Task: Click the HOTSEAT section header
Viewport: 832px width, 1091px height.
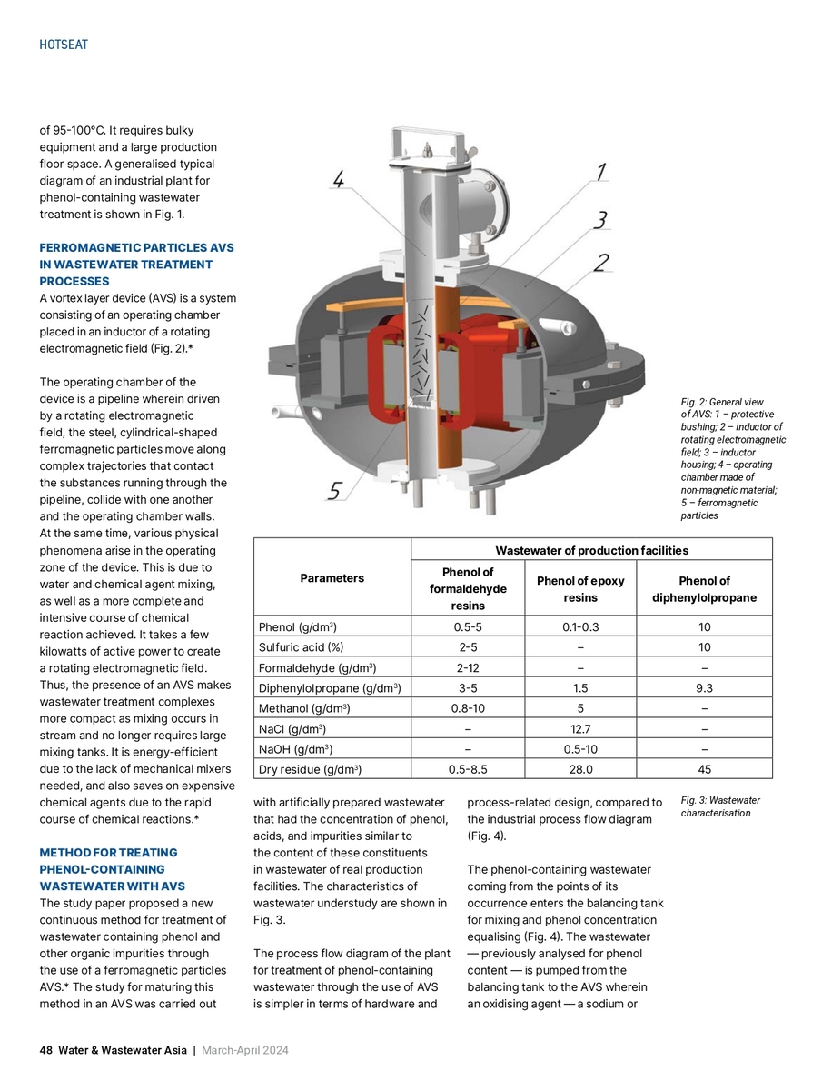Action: (x=64, y=45)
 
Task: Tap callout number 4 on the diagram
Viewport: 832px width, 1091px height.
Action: (x=338, y=182)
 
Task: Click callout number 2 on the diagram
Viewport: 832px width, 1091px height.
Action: (x=600, y=264)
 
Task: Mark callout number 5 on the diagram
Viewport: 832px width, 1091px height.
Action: (x=335, y=491)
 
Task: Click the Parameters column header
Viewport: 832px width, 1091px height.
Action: (x=332, y=578)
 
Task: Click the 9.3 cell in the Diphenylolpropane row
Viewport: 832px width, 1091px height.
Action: (x=704, y=687)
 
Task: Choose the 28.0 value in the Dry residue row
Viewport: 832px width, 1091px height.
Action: (x=580, y=768)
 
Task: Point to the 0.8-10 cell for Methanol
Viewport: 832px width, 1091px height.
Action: (x=468, y=707)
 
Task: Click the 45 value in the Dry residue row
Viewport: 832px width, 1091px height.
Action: (x=704, y=768)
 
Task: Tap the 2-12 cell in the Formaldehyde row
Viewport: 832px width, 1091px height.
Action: (x=468, y=667)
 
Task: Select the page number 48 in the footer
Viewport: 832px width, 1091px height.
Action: (x=45, y=1050)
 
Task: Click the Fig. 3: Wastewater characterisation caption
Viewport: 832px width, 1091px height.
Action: (x=720, y=806)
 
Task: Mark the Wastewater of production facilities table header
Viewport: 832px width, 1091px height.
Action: (x=591, y=550)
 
